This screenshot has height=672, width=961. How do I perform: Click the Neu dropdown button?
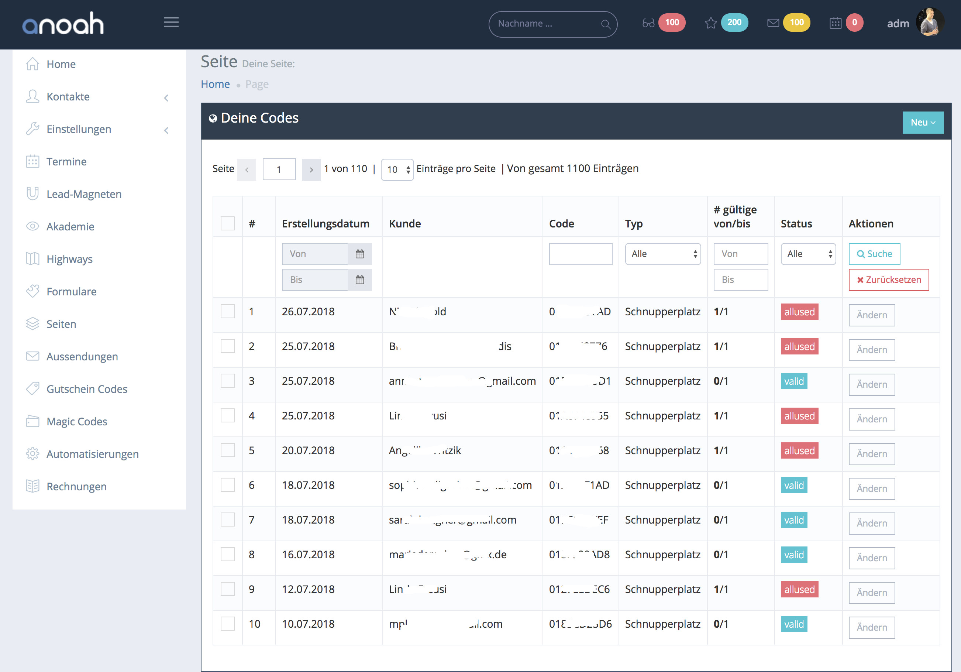click(923, 123)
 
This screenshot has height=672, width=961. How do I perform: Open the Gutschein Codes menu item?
click(87, 389)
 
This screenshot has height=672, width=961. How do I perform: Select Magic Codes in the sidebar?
click(77, 422)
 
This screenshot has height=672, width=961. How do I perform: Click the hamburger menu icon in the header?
click(171, 23)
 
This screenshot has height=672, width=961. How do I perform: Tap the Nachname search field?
click(546, 24)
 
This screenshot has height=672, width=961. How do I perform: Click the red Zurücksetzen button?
click(889, 280)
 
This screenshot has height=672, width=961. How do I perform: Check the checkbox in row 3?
click(228, 381)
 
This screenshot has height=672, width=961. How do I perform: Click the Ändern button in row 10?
click(871, 627)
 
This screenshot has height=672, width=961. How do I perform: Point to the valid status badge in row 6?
click(793, 485)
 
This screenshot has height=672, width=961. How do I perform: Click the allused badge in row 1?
click(799, 312)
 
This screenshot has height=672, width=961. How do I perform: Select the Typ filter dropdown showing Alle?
click(662, 254)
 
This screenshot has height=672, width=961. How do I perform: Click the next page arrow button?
click(311, 169)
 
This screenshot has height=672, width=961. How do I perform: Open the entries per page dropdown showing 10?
click(397, 169)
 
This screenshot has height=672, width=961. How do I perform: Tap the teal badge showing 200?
click(734, 23)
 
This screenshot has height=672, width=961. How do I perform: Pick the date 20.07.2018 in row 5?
click(308, 450)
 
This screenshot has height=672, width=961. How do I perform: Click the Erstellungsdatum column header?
click(325, 224)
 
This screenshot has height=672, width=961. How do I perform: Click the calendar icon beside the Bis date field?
click(359, 280)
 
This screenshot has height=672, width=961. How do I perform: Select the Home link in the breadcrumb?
click(215, 84)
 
